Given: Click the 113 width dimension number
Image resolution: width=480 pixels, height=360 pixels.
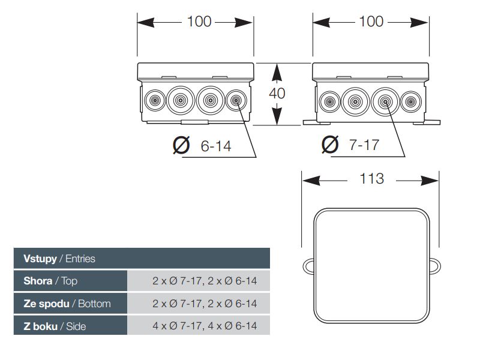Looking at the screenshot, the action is [x=371, y=178].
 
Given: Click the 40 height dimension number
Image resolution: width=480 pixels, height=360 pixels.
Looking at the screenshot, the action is [x=277, y=93].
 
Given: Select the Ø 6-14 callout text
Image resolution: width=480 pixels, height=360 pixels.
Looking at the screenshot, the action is [x=202, y=145].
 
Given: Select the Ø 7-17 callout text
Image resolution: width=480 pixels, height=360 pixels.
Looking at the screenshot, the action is [x=350, y=145].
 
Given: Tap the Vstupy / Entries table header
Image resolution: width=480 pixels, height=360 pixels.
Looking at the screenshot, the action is [x=59, y=259].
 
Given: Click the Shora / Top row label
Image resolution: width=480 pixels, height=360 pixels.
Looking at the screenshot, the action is [x=50, y=281].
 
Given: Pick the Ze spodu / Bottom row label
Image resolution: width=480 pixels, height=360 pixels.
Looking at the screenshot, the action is [x=67, y=304].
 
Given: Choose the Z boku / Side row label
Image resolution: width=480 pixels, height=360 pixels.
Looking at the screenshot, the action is [x=55, y=326].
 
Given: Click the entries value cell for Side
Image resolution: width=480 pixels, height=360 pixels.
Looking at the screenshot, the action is [x=199, y=325].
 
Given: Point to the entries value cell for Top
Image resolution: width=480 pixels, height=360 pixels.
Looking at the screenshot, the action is [x=199, y=281].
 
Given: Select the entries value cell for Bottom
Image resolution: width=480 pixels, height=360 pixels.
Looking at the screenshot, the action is [x=199, y=304].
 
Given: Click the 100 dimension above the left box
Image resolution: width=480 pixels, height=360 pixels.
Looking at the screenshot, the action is [x=199, y=22].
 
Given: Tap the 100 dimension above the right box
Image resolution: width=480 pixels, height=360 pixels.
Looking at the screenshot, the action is [x=371, y=22].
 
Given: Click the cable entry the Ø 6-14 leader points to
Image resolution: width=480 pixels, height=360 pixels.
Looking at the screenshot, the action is [x=236, y=100].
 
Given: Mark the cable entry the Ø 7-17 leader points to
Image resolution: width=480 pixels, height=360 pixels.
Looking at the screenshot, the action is [x=385, y=101].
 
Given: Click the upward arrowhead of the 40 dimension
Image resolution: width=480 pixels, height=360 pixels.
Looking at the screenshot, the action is [x=277, y=72].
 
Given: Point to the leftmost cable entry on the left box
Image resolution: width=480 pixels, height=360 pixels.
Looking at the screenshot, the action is [x=155, y=100].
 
